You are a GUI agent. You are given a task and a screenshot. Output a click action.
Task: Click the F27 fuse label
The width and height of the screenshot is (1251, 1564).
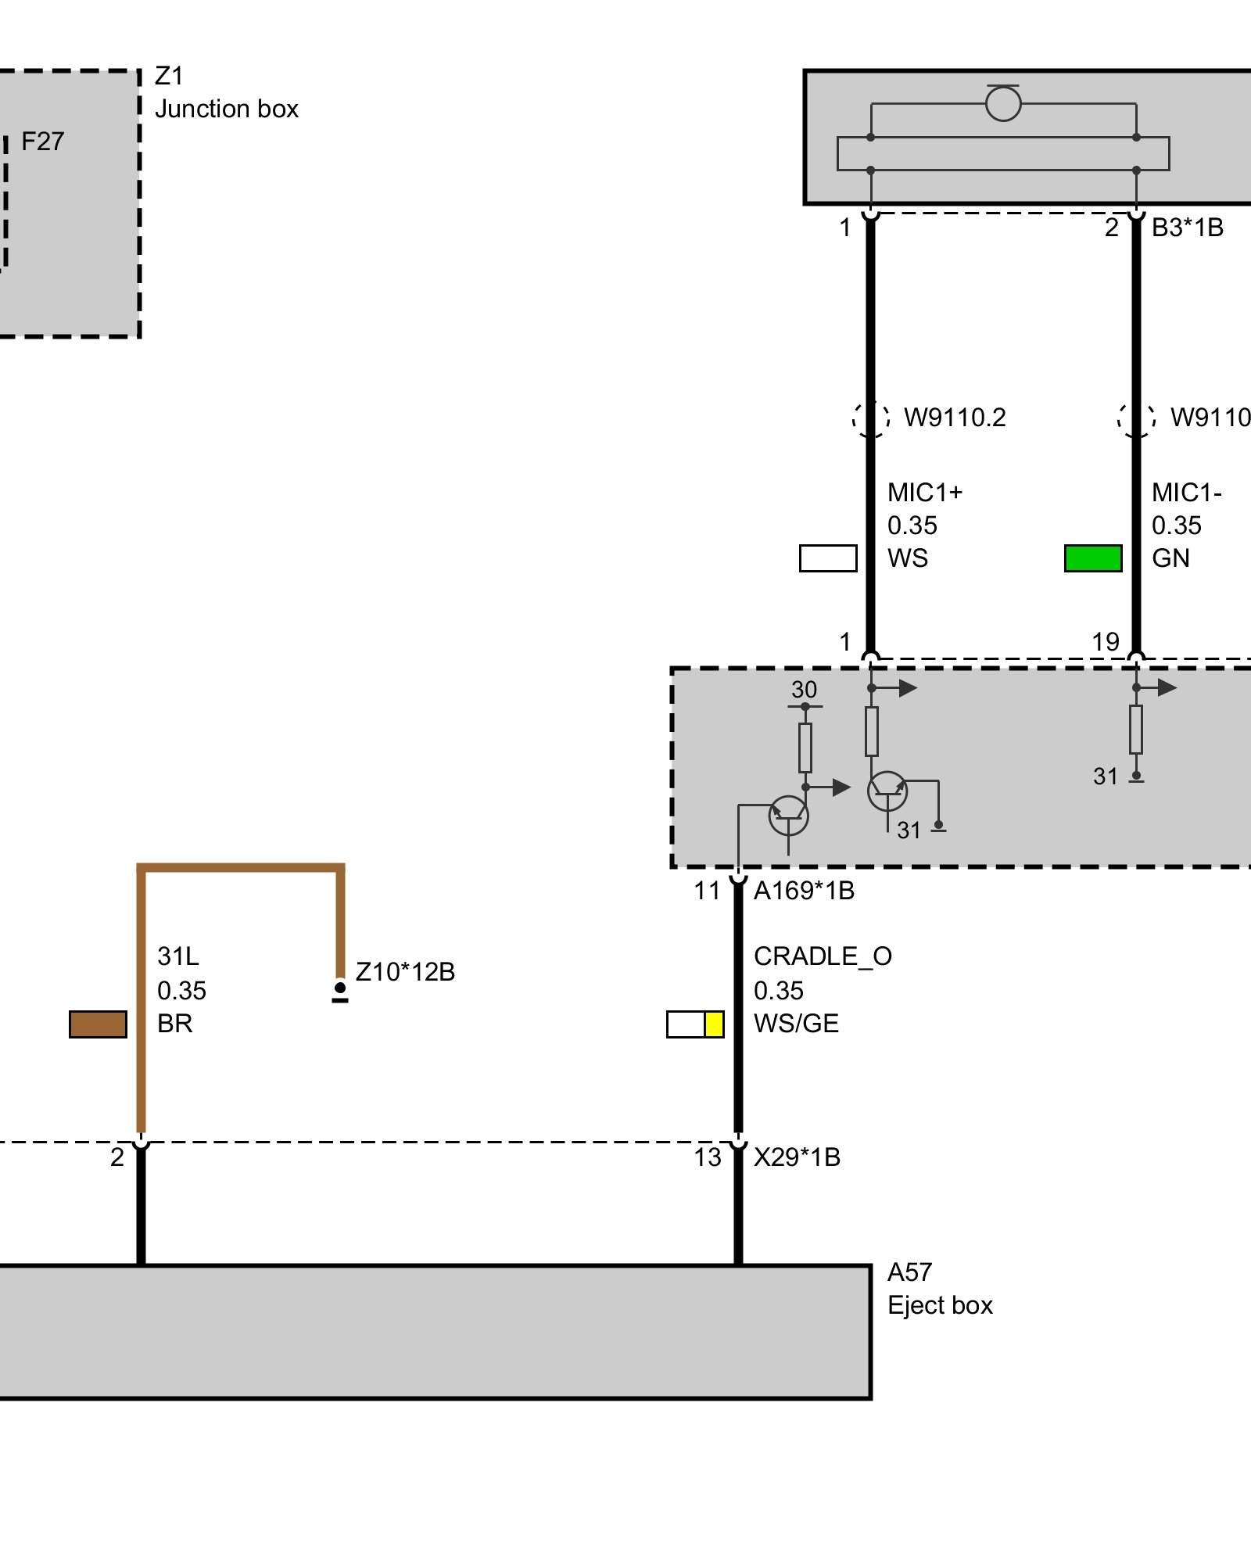click(42, 142)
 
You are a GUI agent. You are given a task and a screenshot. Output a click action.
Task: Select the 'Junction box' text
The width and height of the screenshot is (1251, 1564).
click(227, 109)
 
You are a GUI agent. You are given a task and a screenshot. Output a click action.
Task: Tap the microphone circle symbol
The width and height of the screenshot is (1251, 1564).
click(1003, 103)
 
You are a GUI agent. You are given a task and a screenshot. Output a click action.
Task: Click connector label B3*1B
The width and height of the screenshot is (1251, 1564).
click(1187, 228)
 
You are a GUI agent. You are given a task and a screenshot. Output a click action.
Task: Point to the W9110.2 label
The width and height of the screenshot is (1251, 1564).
click(955, 418)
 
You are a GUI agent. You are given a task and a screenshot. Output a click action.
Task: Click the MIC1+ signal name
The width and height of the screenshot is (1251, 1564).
click(925, 493)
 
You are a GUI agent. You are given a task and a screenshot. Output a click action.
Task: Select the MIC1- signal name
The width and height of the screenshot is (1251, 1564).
click(1186, 493)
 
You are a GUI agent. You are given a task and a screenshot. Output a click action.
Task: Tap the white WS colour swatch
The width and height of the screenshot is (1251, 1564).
click(828, 558)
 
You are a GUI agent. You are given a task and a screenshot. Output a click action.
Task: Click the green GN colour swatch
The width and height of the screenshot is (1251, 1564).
click(1093, 558)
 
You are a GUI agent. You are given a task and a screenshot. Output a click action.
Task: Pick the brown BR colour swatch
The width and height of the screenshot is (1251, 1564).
click(98, 1024)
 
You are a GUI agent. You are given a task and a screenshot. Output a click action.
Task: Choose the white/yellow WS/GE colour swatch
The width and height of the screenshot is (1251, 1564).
click(695, 1024)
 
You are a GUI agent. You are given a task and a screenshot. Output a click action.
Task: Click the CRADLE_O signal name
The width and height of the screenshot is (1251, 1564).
click(823, 956)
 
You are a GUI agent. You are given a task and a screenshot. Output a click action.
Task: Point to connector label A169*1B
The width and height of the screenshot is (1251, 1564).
click(804, 891)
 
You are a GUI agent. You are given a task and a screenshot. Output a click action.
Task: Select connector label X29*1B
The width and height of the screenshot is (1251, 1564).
click(797, 1157)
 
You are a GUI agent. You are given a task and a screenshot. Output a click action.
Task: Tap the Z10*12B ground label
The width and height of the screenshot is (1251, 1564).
click(405, 972)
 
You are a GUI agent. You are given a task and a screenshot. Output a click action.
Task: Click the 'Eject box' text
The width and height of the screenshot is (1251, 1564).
click(940, 1305)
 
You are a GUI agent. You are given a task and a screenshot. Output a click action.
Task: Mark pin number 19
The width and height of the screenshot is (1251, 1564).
click(1106, 642)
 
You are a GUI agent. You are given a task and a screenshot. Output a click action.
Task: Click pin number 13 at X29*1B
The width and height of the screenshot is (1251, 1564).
click(708, 1157)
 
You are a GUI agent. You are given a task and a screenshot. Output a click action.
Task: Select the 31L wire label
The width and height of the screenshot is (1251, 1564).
click(178, 956)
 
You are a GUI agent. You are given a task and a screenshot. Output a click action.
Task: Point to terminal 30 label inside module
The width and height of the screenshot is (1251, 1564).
click(804, 690)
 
